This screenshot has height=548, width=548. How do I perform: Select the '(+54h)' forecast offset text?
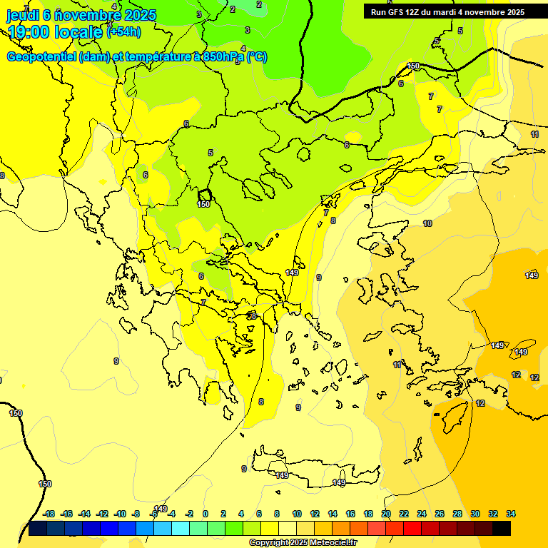click(123, 32)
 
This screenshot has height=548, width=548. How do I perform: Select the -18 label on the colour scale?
click(49, 514)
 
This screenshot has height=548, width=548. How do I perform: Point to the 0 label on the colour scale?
click(205, 514)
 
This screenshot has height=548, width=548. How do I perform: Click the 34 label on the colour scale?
click(511, 514)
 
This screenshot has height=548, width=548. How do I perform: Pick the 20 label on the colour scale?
click(386, 514)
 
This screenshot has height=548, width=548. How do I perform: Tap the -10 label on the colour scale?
click(120, 514)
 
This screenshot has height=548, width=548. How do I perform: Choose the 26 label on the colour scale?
click(440, 514)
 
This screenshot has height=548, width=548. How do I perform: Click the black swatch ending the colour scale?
click(502, 529)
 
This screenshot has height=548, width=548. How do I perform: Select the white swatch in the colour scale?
click(288, 529)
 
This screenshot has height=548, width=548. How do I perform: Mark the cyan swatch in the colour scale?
click(181, 529)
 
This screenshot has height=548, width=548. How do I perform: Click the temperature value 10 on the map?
click(427, 223)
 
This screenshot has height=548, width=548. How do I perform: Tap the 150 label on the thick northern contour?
click(413, 66)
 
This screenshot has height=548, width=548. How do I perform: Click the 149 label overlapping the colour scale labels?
click(161, 509)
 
